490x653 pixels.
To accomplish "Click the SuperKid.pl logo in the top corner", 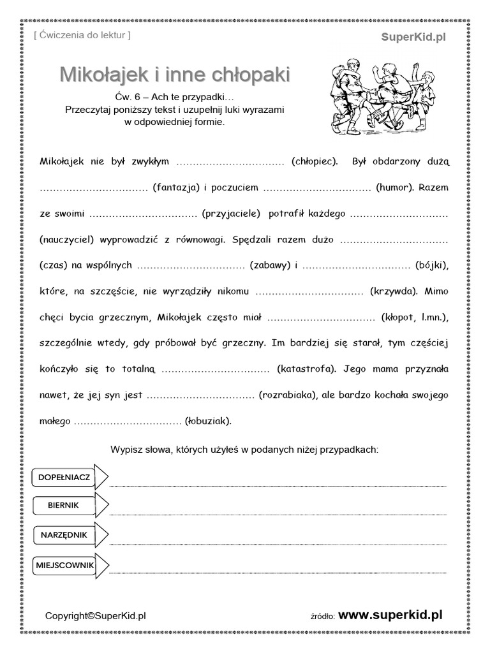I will [413, 37].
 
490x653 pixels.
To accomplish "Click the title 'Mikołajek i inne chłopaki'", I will [175, 75].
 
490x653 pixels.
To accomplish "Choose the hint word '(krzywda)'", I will [394, 291].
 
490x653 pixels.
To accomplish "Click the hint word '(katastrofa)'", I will [307, 369].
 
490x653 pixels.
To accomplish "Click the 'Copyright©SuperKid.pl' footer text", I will [96, 615].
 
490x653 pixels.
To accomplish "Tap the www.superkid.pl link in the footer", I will [390, 615].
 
